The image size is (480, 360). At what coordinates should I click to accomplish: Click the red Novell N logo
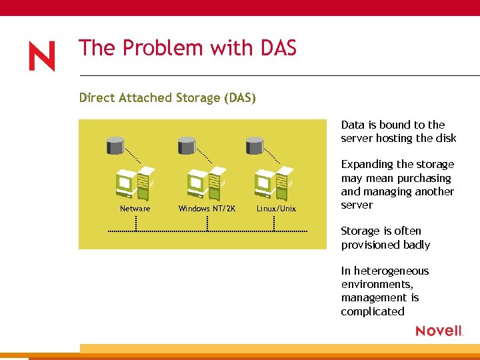[42, 57]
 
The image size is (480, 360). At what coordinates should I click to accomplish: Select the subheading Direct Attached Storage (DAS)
[167, 98]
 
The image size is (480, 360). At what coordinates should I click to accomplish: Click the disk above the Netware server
[115, 143]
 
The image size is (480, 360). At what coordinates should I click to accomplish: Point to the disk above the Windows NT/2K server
[186, 143]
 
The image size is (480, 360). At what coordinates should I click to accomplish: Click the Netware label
[135, 209]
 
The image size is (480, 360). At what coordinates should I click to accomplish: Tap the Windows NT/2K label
[207, 209]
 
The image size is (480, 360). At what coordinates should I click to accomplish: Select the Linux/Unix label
[276, 209]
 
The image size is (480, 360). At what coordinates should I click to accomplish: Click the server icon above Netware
[135, 181]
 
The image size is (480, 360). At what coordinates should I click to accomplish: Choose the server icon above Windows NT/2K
[206, 181]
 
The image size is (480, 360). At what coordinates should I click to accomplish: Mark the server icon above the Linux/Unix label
[274, 181]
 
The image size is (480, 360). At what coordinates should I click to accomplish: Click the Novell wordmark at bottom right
[439, 331]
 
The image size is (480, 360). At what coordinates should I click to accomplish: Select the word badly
[415, 245]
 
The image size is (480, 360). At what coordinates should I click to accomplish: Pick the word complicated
[373, 311]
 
